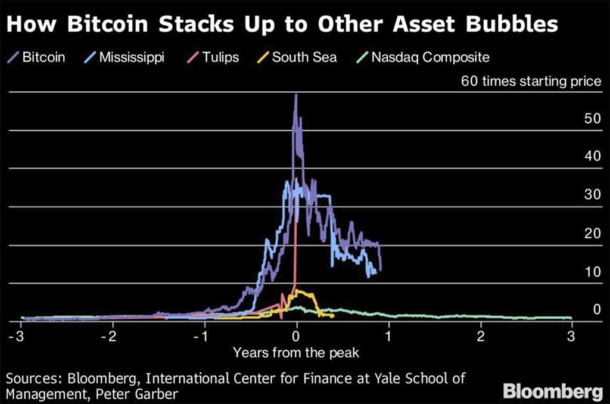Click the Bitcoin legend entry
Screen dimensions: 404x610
[37, 58]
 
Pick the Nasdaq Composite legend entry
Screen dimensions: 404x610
[422, 58]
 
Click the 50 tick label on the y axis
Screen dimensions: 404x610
[592, 119]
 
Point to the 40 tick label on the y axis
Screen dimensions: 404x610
[592, 157]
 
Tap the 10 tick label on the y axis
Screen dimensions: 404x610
[592, 272]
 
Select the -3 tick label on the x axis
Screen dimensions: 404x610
[19, 336]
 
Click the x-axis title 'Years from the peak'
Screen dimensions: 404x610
[296, 353]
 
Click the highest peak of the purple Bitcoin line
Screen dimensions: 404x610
[295, 95]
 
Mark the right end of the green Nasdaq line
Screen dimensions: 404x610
[571, 318]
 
